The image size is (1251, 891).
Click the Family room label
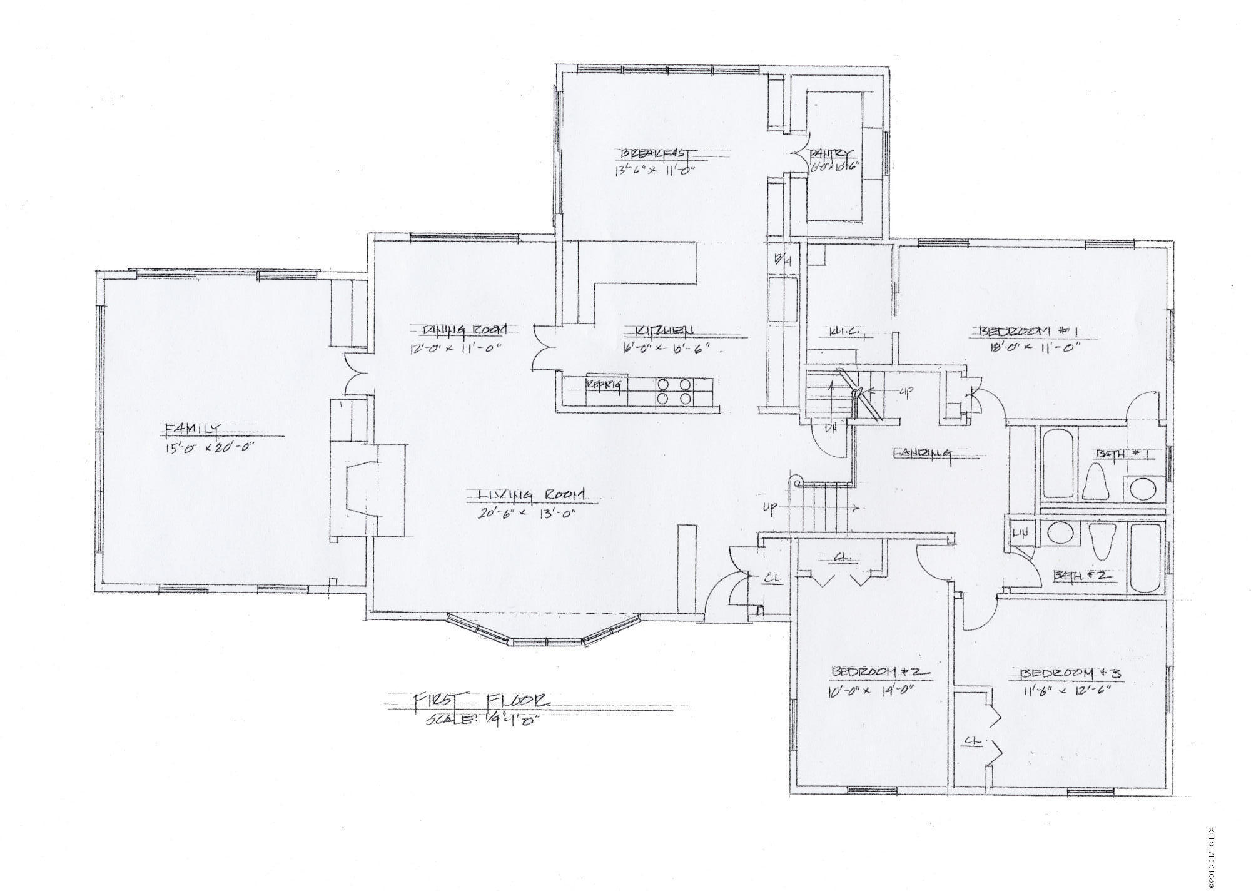(x=191, y=429)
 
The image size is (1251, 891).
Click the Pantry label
(x=831, y=153)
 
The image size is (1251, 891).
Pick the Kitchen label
(x=664, y=330)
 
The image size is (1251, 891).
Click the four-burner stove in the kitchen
(x=674, y=392)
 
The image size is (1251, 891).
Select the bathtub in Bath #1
(x=1058, y=462)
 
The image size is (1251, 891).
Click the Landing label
(x=922, y=452)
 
